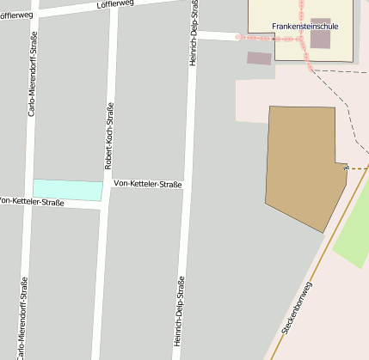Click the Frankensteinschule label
tap(304, 27)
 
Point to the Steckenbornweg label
tap(298, 307)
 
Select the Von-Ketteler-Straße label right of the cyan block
tap(147, 184)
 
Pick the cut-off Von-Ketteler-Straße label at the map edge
tap(32, 202)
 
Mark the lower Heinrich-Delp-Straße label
tap(179, 311)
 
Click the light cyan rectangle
tap(67, 190)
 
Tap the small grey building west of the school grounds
tap(259, 58)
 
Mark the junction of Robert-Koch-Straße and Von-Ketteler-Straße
tap(106, 186)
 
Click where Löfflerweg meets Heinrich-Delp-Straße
tap(195, 3)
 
